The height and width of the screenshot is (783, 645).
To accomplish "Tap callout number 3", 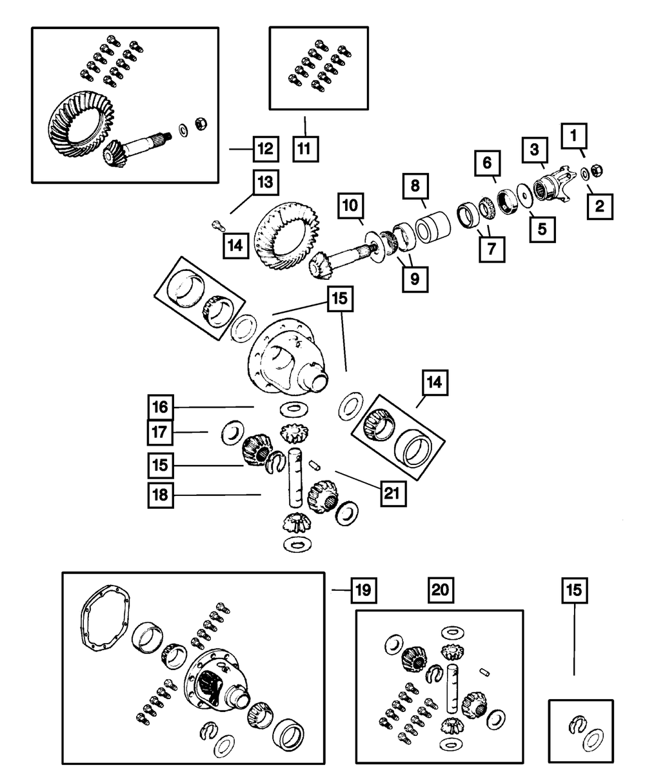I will coord(535,149).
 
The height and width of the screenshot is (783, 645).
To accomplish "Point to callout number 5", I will coord(542,228).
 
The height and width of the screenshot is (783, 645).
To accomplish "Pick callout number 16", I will coord(159,407).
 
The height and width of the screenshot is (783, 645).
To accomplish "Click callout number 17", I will coord(159,432).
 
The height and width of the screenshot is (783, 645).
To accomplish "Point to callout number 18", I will coord(159,495).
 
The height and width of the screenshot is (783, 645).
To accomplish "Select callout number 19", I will coord(363,590).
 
